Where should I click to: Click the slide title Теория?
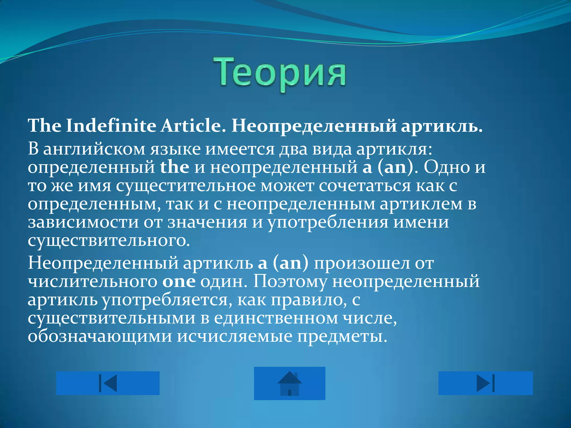click(x=280, y=73)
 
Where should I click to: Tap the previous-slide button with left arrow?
click(x=108, y=383)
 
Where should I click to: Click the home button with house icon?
click(x=289, y=383)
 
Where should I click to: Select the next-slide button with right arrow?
click(x=485, y=383)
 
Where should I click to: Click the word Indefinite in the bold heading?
click(x=111, y=126)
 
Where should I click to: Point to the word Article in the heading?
click(x=191, y=126)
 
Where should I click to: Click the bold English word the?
click(x=175, y=167)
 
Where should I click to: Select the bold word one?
click(x=179, y=282)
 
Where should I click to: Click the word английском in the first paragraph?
click(x=94, y=150)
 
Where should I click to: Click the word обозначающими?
click(x=100, y=337)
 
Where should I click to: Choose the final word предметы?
click(x=342, y=337)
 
